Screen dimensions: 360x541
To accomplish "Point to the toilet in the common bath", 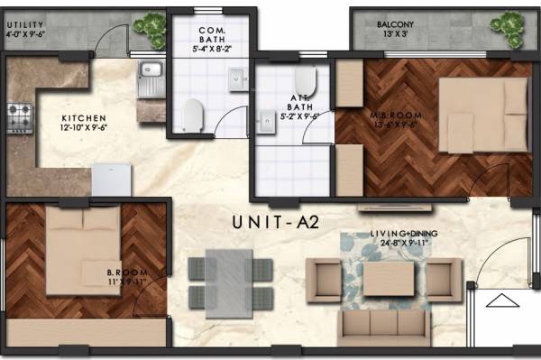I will click(x=192, y=115).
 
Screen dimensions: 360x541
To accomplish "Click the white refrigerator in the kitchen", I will click(x=112, y=179).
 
